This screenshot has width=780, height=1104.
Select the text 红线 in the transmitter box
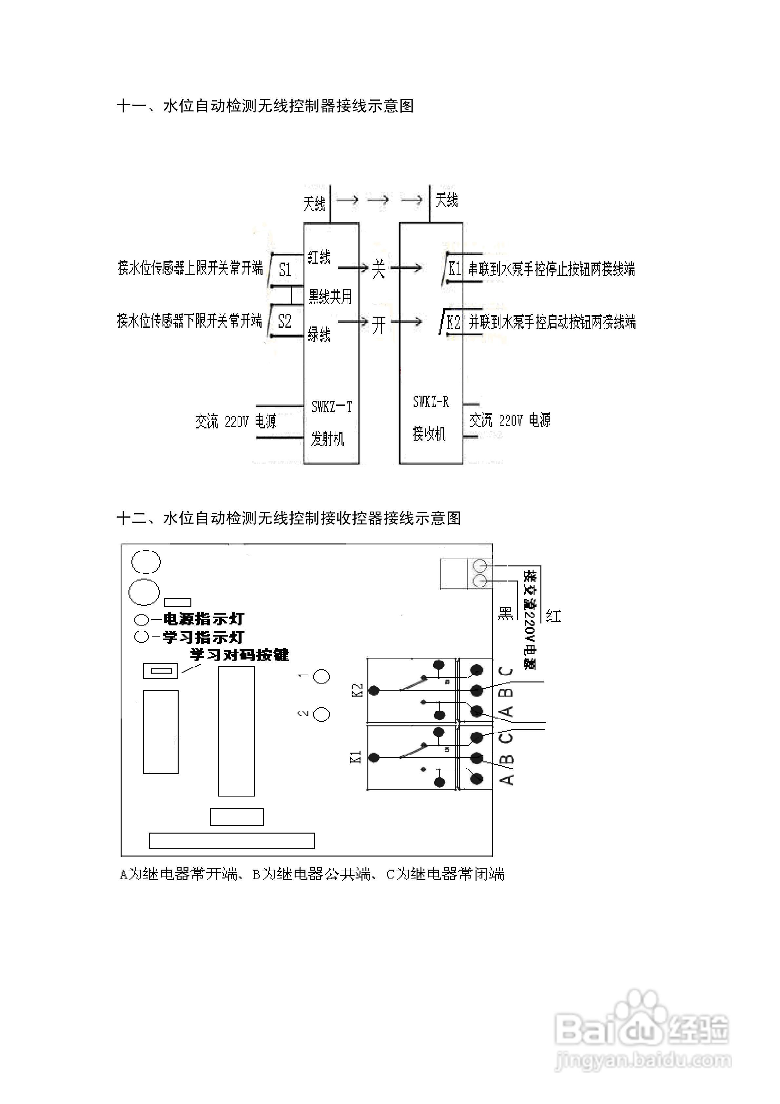pos(319,257)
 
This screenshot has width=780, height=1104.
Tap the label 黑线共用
pos(330,296)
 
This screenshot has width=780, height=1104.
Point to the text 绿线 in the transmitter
pos(319,334)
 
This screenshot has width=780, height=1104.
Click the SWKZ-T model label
pos(331,407)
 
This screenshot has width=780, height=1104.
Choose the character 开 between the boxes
pos(379,325)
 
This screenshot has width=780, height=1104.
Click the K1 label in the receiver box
pos(455,268)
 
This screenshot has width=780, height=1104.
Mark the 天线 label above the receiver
pos(446,200)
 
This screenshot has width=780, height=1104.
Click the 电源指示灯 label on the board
pos(204,619)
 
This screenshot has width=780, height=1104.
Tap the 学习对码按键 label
pos(239,655)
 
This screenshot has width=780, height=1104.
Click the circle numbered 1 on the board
pos(322,677)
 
